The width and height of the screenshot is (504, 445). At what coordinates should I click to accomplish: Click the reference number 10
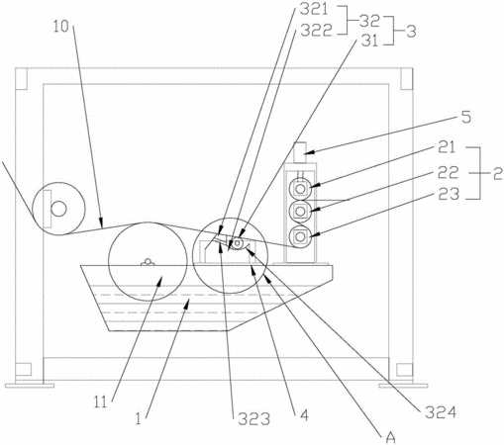[61, 27]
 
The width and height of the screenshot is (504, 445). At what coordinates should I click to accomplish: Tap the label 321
[314, 9]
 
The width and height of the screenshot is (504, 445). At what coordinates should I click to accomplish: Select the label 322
[316, 31]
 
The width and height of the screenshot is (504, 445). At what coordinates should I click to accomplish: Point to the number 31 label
[369, 41]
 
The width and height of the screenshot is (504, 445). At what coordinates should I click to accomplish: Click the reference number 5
[466, 117]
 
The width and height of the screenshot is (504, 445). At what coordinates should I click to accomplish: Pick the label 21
[447, 147]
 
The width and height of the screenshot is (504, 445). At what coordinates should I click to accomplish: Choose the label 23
[449, 194]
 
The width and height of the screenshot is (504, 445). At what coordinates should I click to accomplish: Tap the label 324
[441, 412]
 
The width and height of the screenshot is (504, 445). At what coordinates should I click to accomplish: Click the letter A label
[390, 437]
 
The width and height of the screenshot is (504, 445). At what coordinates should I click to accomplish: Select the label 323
[254, 419]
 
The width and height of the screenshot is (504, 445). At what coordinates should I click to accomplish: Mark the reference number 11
[101, 402]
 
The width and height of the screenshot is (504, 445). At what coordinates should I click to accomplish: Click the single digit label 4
[304, 415]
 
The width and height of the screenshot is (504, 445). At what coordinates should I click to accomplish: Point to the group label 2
[498, 174]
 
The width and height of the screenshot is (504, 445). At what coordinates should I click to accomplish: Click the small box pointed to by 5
[300, 152]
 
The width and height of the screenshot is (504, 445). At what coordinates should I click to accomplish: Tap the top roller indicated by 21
[300, 189]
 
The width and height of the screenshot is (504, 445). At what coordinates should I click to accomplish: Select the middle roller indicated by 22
[300, 211]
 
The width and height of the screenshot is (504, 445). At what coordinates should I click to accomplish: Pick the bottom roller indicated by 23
[300, 236]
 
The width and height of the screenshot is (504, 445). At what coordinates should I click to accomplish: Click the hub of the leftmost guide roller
[58, 209]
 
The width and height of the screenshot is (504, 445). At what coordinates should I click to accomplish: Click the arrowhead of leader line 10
[102, 223]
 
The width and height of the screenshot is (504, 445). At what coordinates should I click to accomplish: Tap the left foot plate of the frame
[30, 385]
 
